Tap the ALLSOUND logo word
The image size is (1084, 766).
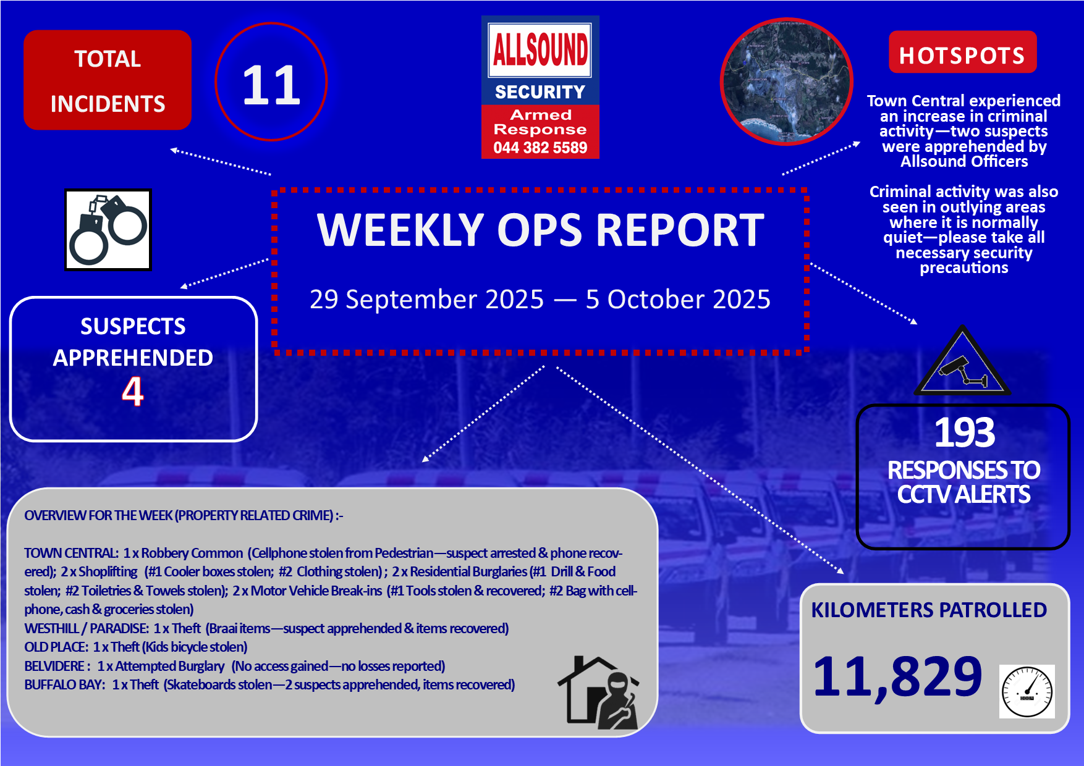pyautogui.click(x=540, y=49)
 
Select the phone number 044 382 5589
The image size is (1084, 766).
pyautogui.click(x=540, y=148)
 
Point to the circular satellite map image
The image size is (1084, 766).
pyautogui.click(x=787, y=82)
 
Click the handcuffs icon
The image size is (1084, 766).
pyautogui.click(x=108, y=230)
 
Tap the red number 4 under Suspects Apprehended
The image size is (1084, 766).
pyautogui.click(x=132, y=391)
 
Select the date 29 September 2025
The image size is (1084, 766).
pyautogui.click(x=426, y=300)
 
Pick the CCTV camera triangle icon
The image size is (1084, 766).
pyautogui.click(x=962, y=361)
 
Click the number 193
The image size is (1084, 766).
pyautogui.click(x=964, y=432)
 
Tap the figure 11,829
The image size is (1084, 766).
pyautogui.click(x=897, y=677)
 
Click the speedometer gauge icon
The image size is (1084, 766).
pyautogui.click(x=1027, y=691)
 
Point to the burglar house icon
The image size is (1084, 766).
pyautogui.click(x=598, y=692)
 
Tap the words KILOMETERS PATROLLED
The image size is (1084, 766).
pyautogui.click(x=929, y=610)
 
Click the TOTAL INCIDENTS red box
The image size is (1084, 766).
pyautogui.click(x=108, y=80)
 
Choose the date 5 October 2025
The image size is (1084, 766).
pyautogui.click(x=678, y=300)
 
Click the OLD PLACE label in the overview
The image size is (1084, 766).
pyautogui.click(x=56, y=647)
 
